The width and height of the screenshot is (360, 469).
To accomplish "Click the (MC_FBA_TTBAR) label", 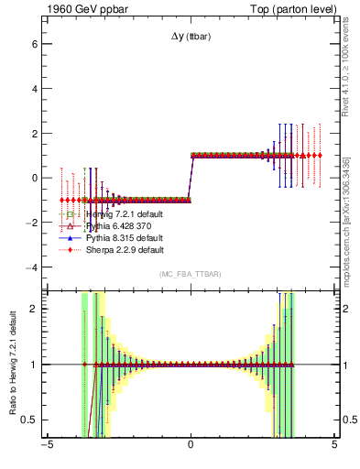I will coord(191,275).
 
